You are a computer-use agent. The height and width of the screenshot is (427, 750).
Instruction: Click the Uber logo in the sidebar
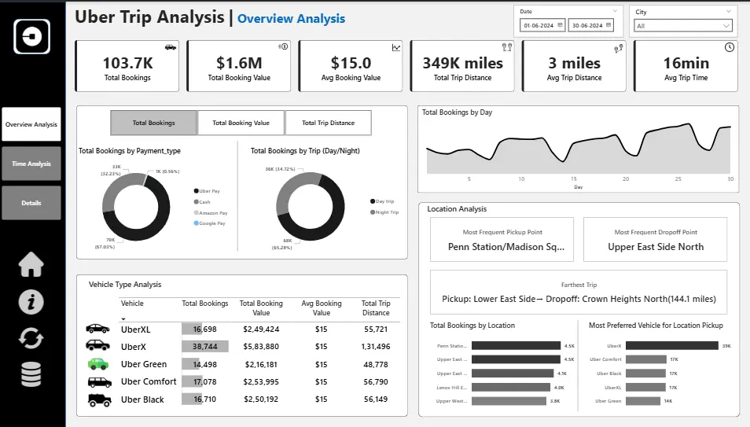pyautogui.click(x=31, y=36)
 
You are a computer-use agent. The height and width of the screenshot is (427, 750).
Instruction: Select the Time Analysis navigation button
pyautogui.click(x=31, y=164)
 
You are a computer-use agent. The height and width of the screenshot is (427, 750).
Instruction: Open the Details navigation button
pyautogui.click(x=31, y=203)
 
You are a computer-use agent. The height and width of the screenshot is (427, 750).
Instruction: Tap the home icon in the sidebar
pyautogui.click(x=31, y=265)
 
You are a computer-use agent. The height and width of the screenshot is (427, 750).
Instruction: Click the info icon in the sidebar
pyautogui.click(x=31, y=302)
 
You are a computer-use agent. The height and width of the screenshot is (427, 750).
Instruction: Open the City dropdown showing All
pyautogui.click(x=683, y=26)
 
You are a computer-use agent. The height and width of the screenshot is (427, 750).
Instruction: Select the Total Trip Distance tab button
pyautogui.click(x=328, y=123)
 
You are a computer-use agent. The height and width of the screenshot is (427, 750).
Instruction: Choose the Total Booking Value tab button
pyautogui.click(x=241, y=123)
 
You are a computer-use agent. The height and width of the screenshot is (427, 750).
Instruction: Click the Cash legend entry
pyautogui.click(x=204, y=202)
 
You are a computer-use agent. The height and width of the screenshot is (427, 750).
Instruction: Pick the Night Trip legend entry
pyautogui.click(x=386, y=212)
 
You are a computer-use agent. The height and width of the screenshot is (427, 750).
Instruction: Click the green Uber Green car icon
pyautogui.click(x=97, y=364)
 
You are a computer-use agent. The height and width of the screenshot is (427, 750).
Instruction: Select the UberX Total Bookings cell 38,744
pyautogui.click(x=205, y=347)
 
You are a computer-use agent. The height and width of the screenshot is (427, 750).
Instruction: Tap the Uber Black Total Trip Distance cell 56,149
pyautogui.click(x=375, y=399)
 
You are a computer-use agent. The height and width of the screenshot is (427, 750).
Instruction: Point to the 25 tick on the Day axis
pyautogui.click(x=678, y=179)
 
